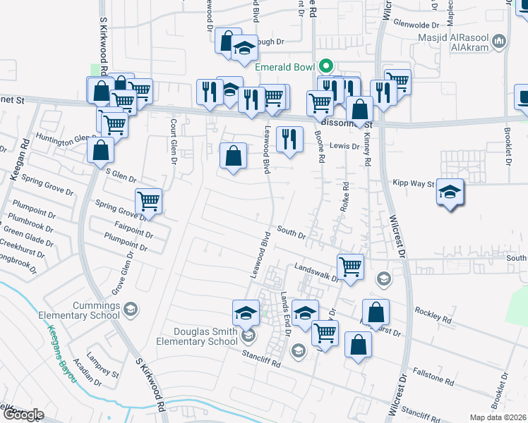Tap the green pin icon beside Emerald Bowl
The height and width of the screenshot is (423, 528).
(325, 66)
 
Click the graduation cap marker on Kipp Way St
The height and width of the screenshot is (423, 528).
(450, 191)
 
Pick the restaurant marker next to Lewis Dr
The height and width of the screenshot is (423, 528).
(289, 138)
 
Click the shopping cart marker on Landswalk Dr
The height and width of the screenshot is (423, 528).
(350, 266)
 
